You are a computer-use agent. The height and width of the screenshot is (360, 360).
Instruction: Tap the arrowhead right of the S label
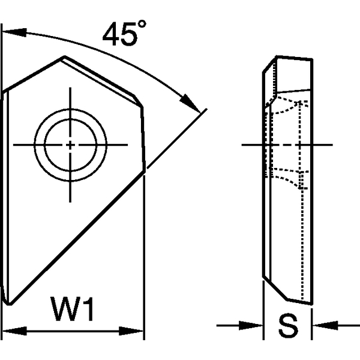pos(319,326)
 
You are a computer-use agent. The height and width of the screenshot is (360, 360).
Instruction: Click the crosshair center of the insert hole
pos(71,145)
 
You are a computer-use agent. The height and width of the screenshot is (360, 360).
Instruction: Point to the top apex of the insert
pos(63,58)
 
